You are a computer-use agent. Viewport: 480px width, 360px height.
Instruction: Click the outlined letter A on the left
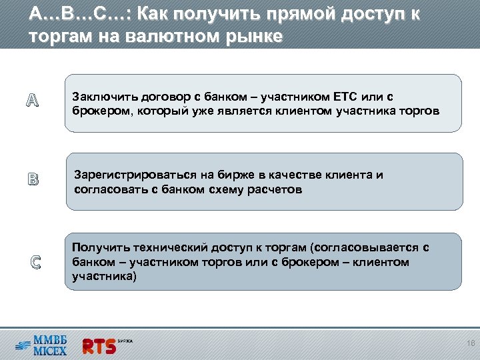(x=33, y=101)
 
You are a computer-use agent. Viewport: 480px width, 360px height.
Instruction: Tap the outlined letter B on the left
(x=33, y=179)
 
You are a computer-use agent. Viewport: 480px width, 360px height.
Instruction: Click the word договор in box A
(x=155, y=97)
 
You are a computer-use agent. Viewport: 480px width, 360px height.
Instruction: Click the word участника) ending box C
(x=103, y=275)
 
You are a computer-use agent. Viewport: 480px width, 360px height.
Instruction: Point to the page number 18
(x=469, y=344)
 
